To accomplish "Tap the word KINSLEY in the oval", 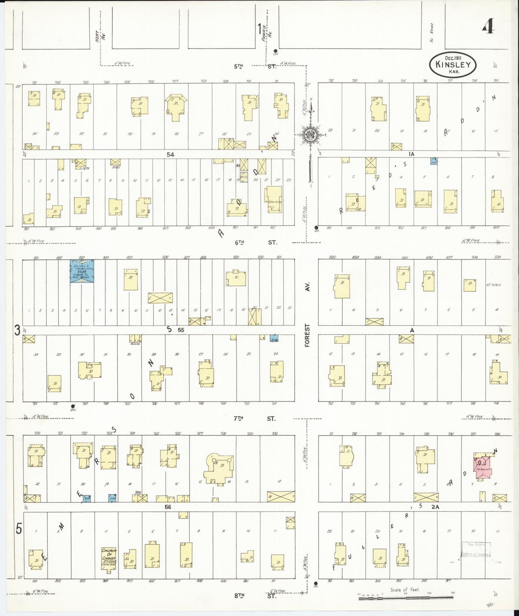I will pos(453,65).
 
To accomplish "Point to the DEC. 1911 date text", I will pos(453,58).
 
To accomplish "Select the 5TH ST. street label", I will pos(255,66).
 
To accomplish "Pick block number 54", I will pos(170,155).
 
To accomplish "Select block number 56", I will pos(167,507).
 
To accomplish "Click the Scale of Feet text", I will pos(405,590).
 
